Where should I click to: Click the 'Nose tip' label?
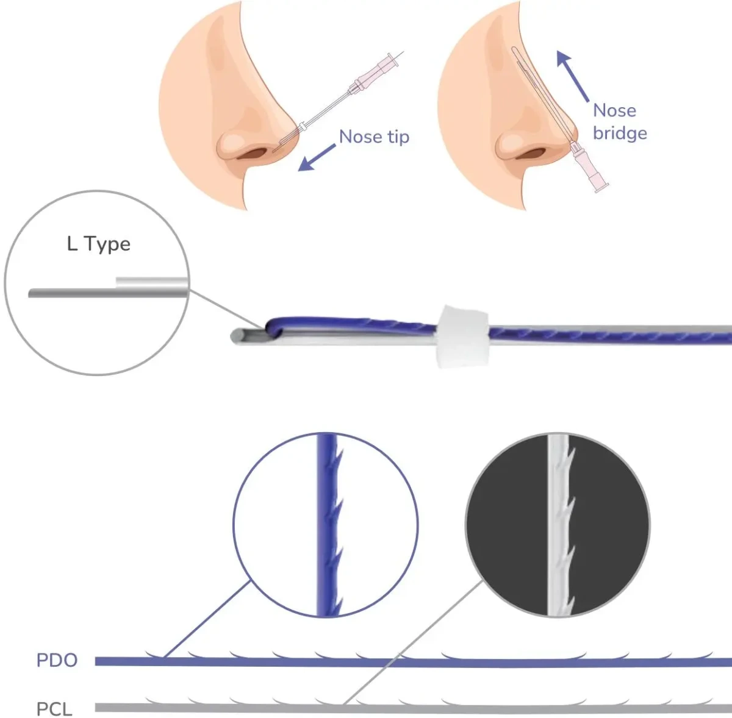click(x=374, y=137)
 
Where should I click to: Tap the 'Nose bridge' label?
click(x=620, y=122)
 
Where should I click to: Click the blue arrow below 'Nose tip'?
click(x=317, y=158)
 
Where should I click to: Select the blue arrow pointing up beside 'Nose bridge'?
click(x=572, y=76)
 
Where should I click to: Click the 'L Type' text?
click(x=98, y=244)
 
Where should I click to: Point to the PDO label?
click(x=57, y=660)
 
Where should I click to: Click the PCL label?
click(x=54, y=709)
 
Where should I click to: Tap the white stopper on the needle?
click(x=462, y=336)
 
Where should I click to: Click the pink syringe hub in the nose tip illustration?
click(x=376, y=73)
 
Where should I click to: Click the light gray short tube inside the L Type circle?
click(x=152, y=283)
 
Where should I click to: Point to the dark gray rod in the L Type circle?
click(x=108, y=293)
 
